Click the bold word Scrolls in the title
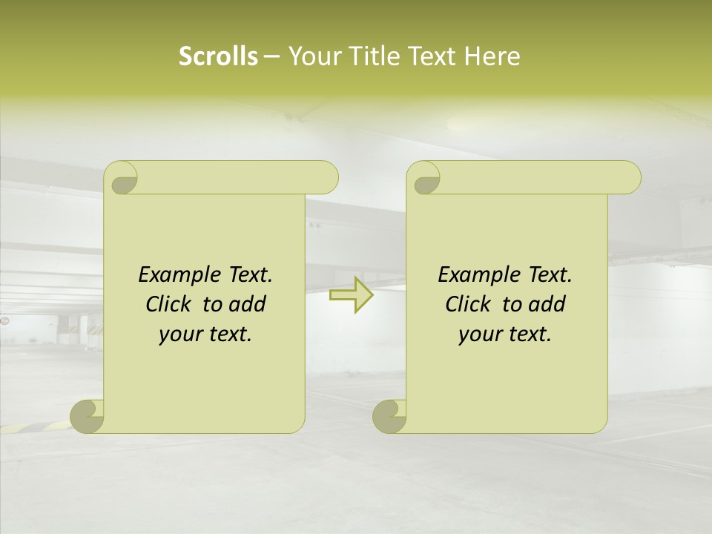pos(218,56)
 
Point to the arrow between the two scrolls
pos(352,294)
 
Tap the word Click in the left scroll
pos(170,304)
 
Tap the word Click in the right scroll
pos(469,304)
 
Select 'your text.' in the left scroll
pos(205,334)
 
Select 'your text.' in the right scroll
pos(505,334)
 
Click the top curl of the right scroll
pos(426,178)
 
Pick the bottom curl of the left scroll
pos(88,416)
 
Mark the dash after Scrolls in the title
pos(271,56)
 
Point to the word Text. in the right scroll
pos(550,275)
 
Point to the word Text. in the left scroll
pos(250,275)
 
